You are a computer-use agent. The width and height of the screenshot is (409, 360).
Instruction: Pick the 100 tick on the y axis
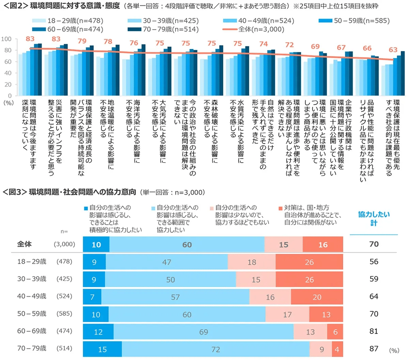point(6,39)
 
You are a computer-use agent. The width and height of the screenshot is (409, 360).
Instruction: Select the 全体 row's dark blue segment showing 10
point(96,245)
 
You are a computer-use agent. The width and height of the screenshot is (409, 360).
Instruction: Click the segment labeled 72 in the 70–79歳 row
point(215,350)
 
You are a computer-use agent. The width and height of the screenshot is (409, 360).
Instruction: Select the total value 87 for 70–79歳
point(374,350)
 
